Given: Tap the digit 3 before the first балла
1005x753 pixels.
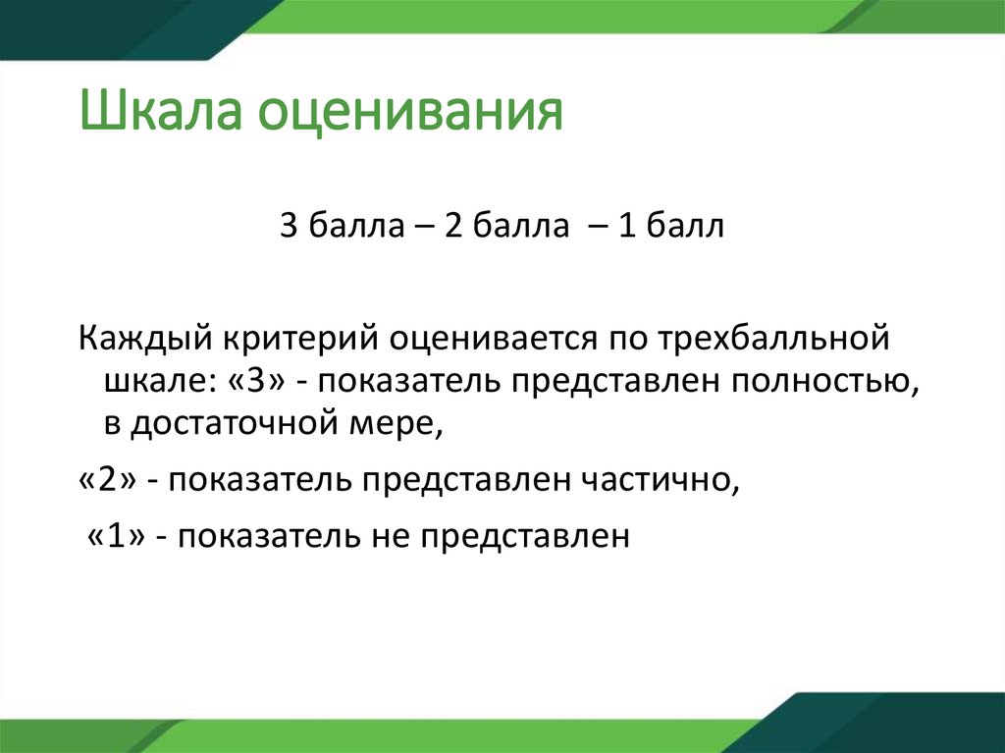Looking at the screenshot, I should (289, 227).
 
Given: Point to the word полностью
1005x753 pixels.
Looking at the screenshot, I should (825, 383).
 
